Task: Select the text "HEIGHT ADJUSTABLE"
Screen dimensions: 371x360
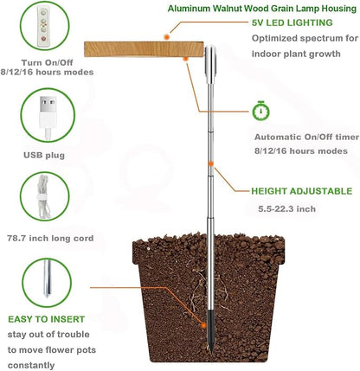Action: coord(301,191)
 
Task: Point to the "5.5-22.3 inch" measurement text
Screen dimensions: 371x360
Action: coord(287,208)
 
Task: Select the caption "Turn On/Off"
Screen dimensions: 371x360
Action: coord(43,64)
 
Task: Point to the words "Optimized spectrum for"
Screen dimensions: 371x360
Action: coord(303,40)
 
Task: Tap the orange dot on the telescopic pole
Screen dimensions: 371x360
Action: coord(209,162)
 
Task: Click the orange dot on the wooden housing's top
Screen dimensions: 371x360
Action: coord(167,38)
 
